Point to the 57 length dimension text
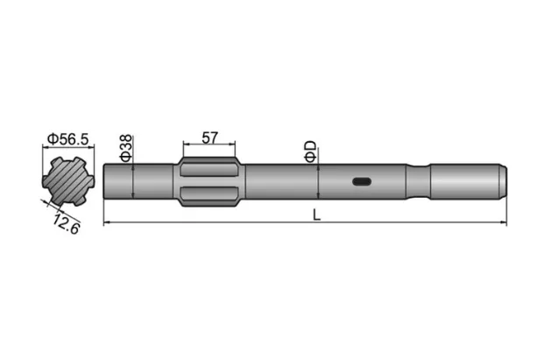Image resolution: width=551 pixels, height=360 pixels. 209,138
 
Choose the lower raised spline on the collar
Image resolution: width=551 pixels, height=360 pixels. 209,194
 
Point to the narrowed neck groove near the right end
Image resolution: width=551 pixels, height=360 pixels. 420,182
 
